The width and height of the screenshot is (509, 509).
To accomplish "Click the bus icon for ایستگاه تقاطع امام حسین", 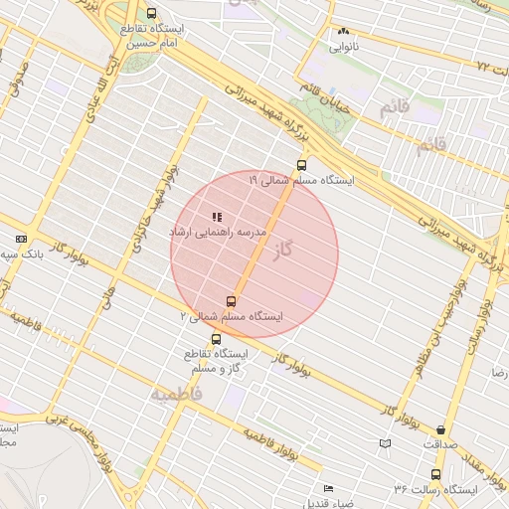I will (151, 14).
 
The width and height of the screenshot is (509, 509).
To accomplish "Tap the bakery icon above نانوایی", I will (344, 32).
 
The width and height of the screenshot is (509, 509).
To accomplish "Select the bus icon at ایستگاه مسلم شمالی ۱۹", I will (301, 166).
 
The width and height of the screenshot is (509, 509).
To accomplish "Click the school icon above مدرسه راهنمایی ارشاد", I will (217, 217).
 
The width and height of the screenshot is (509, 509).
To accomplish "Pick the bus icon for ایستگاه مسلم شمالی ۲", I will (232, 301).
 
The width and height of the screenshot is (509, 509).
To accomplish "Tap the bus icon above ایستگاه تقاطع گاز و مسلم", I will (217, 339).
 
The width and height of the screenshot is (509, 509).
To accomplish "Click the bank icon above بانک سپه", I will (22, 240).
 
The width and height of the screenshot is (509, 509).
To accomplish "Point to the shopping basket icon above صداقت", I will (441, 431).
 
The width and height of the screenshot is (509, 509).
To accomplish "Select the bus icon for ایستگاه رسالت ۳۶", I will (435, 474).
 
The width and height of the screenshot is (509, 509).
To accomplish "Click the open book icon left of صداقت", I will (385, 443).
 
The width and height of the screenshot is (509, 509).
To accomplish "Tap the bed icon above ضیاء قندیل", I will (329, 487).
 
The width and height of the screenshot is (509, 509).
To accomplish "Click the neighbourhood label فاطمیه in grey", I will (176, 395).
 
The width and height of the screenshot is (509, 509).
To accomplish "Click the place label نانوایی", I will (344, 46).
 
